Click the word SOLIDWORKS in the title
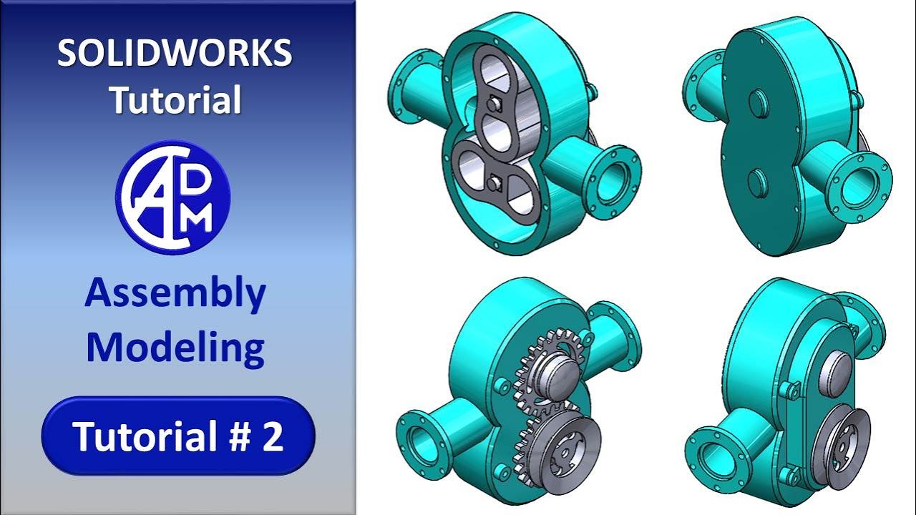tap(175, 54)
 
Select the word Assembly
tap(175, 294)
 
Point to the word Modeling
tap(175, 348)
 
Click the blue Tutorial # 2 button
tap(178, 436)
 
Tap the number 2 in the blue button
tap(273, 436)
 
